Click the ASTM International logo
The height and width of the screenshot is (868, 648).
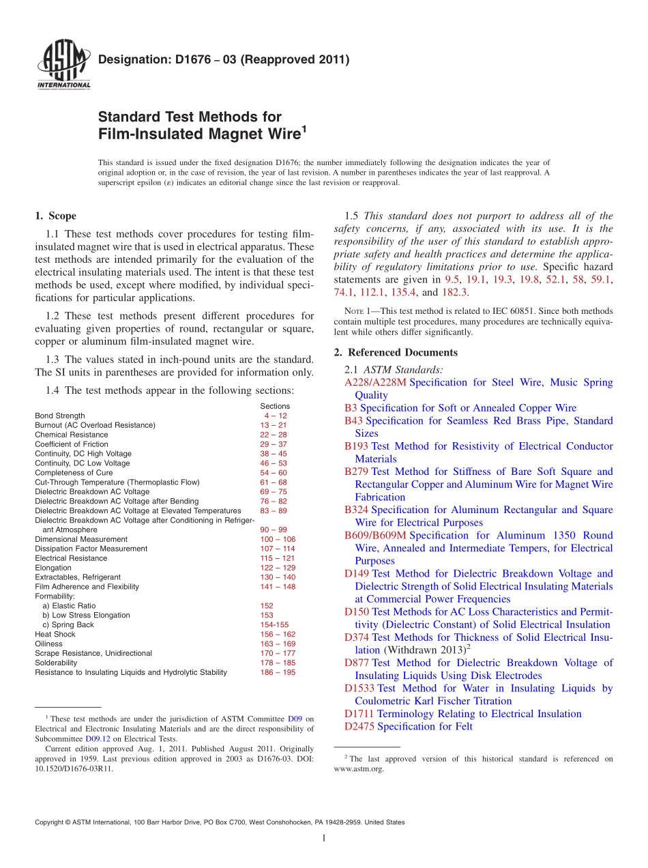click(63, 66)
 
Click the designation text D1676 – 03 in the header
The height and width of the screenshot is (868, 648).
click(224, 59)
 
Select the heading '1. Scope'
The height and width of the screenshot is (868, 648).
click(55, 216)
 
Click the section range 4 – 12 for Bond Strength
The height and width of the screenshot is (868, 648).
click(276, 416)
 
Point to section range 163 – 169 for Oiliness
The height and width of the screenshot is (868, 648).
click(278, 643)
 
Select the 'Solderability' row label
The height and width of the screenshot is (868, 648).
click(56, 663)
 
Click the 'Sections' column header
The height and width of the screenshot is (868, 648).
click(275, 406)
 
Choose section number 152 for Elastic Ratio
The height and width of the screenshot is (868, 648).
click(267, 605)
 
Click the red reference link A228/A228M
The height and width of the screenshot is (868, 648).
click(376, 382)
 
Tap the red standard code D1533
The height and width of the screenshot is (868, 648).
click(359, 689)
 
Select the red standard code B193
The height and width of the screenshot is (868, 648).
click(356, 446)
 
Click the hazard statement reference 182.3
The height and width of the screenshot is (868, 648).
click(454, 292)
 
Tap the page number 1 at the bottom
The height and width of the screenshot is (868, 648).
click(324, 839)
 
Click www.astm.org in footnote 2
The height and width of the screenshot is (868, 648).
click(359, 768)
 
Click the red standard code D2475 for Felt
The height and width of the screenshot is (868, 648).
click(359, 727)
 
